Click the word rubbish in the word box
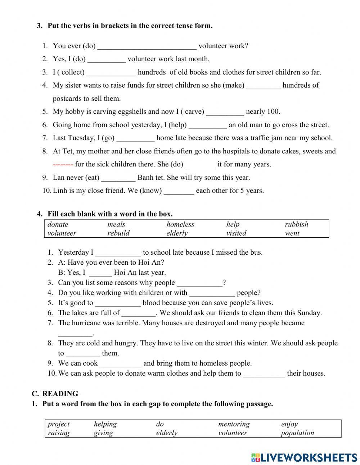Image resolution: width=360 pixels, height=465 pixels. [296, 224]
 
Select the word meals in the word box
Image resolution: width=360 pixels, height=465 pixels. [116, 224]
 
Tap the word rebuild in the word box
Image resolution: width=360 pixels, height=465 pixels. [118, 233]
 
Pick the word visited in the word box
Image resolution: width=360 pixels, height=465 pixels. [236, 233]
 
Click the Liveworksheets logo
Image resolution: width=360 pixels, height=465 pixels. [304, 457]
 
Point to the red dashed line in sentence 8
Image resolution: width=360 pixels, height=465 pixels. [63, 165]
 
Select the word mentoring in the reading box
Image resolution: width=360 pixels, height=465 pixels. [234, 424]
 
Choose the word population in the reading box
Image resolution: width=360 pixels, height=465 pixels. [297, 433]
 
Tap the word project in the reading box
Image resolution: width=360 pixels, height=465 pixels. [59, 424]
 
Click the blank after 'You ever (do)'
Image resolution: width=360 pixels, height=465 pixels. [147, 46]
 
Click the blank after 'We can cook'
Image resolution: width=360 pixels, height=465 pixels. [120, 363]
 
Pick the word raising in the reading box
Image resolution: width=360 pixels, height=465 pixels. [59, 433]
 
